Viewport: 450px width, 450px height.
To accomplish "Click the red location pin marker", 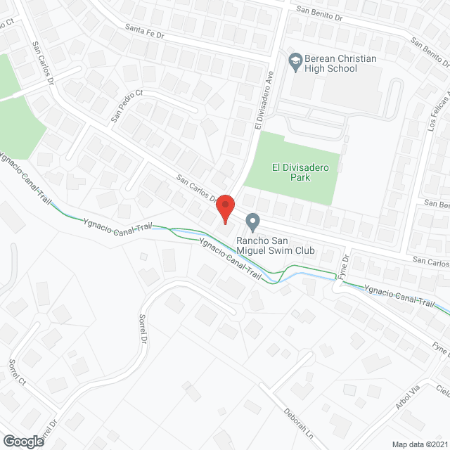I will [x=224, y=209].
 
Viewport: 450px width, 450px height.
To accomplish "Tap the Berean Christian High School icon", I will [x=295, y=60].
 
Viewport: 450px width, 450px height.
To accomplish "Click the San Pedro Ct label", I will [x=127, y=106].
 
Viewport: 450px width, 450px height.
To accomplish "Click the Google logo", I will [x=22, y=441].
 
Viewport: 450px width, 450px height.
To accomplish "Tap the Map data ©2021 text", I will [x=420, y=444].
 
